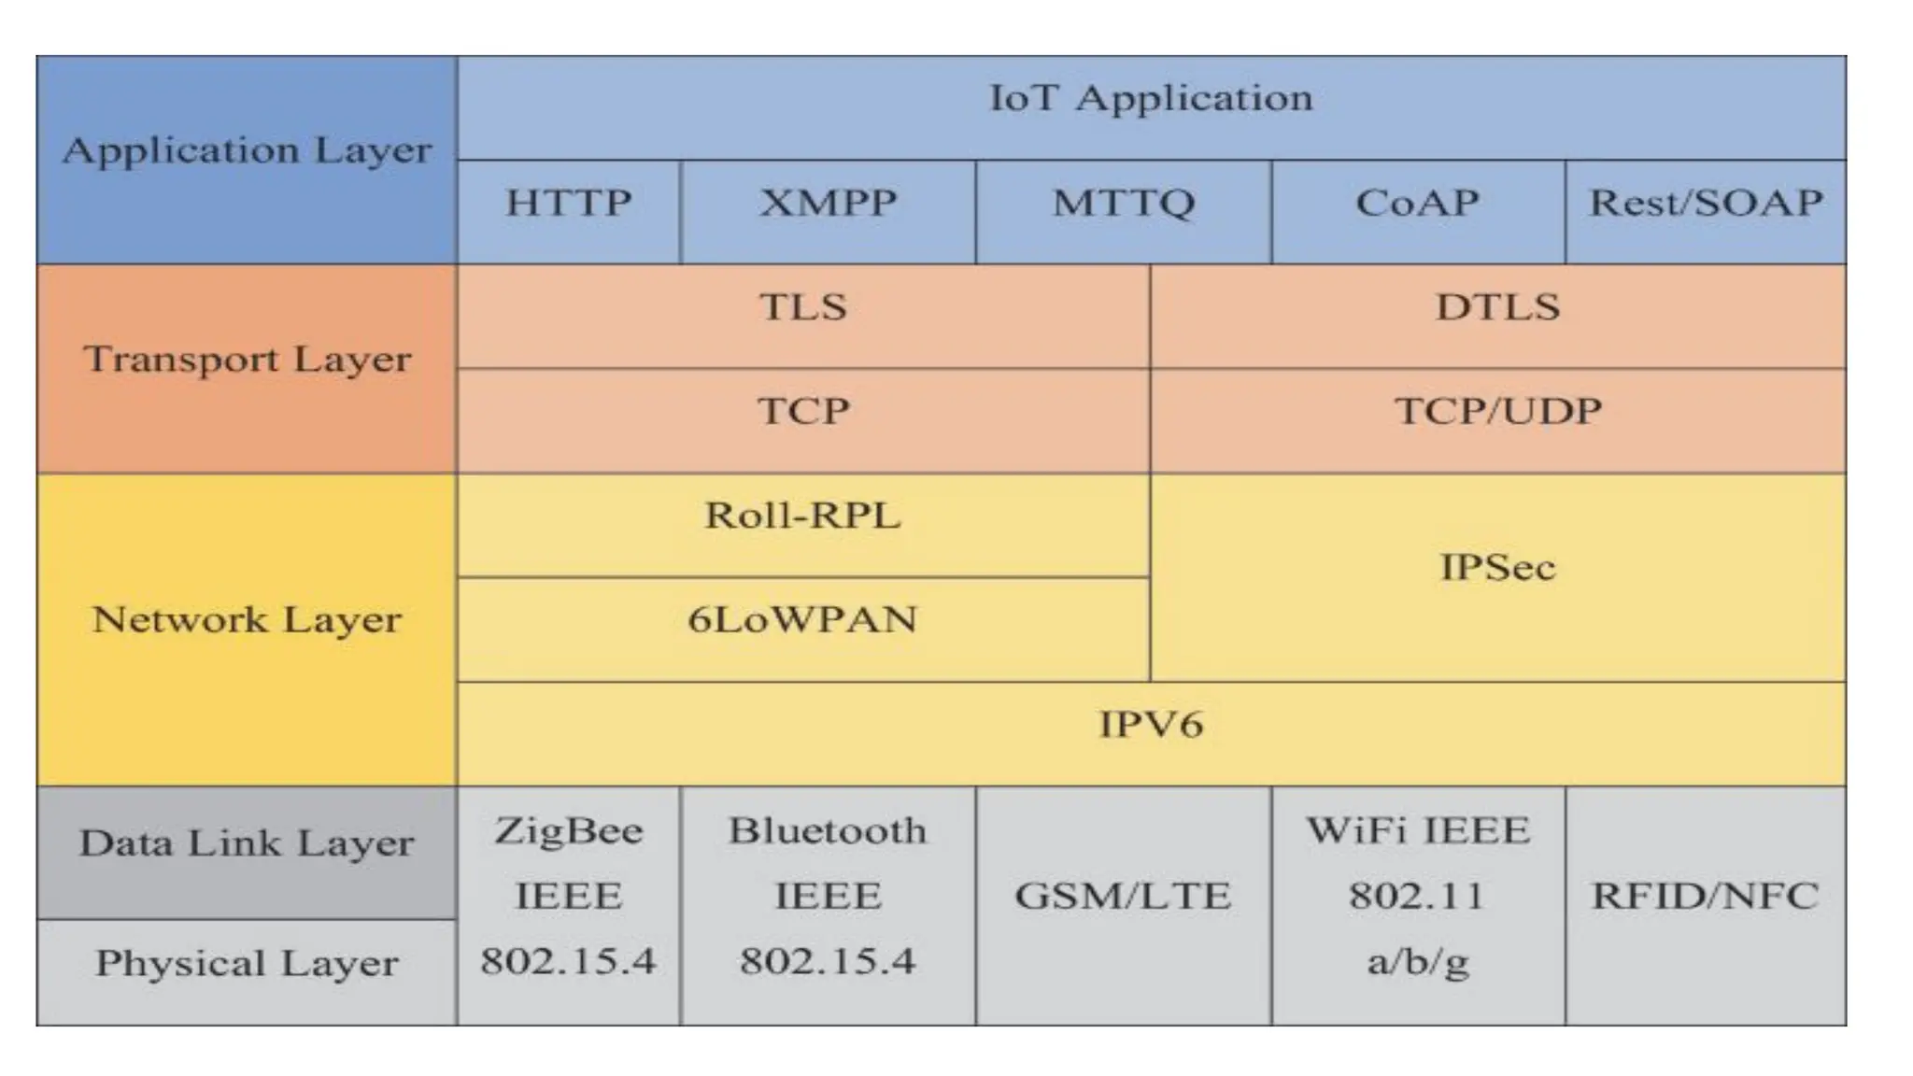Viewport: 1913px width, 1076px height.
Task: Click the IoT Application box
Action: point(1151,99)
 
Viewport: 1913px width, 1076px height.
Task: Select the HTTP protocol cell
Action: point(569,204)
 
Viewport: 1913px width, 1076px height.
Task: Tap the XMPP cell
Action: point(828,204)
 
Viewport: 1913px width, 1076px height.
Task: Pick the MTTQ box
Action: point(1123,204)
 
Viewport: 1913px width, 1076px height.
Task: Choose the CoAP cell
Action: point(1417,204)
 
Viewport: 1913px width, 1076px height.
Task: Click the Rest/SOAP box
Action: point(1706,204)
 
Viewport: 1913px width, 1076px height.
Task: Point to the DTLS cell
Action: point(1497,308)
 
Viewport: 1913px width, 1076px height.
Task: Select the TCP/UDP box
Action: point(1497,412)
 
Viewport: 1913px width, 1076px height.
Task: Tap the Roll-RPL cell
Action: point(802,517)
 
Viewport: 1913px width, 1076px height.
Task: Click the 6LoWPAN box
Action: point(802,620)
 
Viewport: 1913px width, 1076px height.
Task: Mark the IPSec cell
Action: point(1497,568)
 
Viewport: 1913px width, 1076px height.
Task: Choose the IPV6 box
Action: point(1151,725)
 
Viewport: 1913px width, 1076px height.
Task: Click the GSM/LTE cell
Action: point(1123,897)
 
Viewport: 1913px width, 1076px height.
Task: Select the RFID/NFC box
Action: point(1705,897)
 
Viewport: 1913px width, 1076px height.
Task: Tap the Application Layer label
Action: point(247,151)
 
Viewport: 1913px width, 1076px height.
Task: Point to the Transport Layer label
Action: point(247,361)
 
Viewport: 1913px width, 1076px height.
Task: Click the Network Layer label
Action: point(247,620)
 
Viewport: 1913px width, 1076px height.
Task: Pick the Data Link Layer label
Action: point(247,844)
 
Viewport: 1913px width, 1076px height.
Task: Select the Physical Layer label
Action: point(247,964)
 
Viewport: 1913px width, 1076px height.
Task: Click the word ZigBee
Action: point(569,831)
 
